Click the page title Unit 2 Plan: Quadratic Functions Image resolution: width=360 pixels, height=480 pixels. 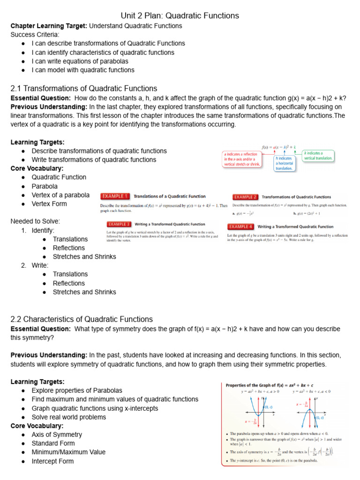(x=180, y=15)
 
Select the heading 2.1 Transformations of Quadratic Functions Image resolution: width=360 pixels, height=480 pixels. (x=84, y=88)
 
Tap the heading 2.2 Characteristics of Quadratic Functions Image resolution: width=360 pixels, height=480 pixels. (x=82, y=319)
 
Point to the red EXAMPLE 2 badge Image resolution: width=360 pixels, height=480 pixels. (x=245, y=197)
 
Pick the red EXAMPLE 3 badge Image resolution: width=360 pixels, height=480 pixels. (x=119, y=224)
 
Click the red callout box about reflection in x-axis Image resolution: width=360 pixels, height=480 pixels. (x=241, y=159)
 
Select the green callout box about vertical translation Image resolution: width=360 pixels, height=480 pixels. (x=318, y=156)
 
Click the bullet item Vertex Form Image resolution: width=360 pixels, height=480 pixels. (x=49, y=204)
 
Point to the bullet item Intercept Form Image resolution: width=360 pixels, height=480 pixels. (x=52, y=461)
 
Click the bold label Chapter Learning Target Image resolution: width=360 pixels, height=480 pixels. (x=49, y=26)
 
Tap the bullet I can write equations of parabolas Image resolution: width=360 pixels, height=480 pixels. (x=80, y=61)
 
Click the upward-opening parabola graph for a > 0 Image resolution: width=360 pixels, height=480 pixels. (x=256, y=408)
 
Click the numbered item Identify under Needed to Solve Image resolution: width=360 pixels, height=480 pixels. (x=43, y=231)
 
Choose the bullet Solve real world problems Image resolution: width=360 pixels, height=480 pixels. (x=69, y=417)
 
